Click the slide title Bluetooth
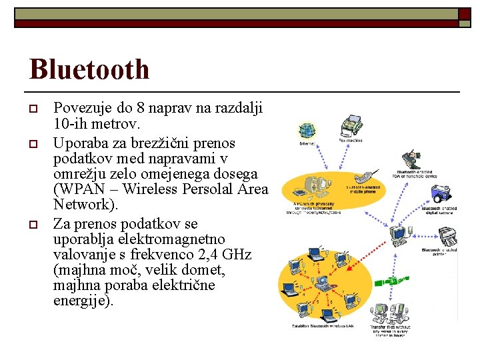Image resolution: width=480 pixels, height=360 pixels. [89, 69]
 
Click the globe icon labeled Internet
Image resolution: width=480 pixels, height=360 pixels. [307, 130]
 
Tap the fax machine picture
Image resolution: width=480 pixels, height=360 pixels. [351, 125]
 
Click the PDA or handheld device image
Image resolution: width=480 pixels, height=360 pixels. [413, 159]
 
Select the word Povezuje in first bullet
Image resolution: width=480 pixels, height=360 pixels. [83, 107]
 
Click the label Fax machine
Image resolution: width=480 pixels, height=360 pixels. [351, 140]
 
